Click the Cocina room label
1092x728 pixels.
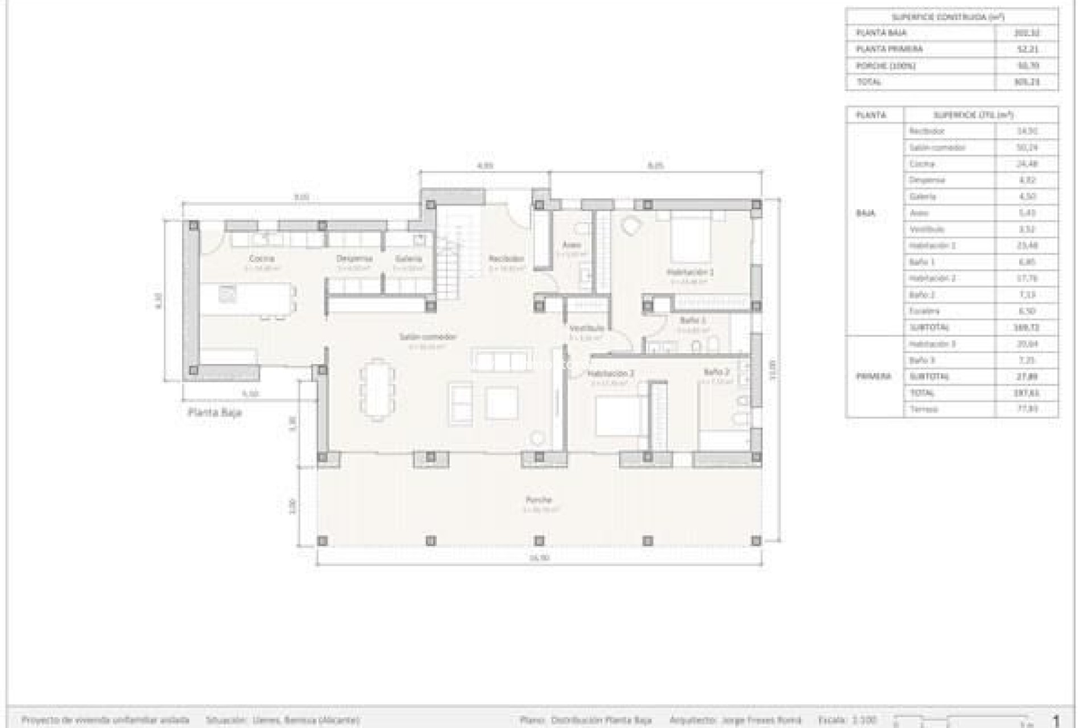coord(261,259)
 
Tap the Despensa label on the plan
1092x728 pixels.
coord(354,259)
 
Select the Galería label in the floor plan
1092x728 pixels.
coord(408,259)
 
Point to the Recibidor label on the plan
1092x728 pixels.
coord(506,259)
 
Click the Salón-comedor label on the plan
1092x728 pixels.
coord(428,337)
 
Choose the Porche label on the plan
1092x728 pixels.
coord(538,500)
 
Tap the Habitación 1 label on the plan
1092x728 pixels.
coord(690,272)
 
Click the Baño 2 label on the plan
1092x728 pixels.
coord(716,372)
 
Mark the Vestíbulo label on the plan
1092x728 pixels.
coord(586,329)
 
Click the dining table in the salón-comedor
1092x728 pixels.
coord(378,388)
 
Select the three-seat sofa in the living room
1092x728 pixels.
coord(500,361)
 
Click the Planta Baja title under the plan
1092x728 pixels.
coord(214,412)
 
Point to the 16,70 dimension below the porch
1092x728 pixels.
coord(539,558)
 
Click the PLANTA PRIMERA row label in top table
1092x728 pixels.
coord(889,49)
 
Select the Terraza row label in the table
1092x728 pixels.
coord(923,409)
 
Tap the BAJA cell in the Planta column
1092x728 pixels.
coord(865,213)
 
